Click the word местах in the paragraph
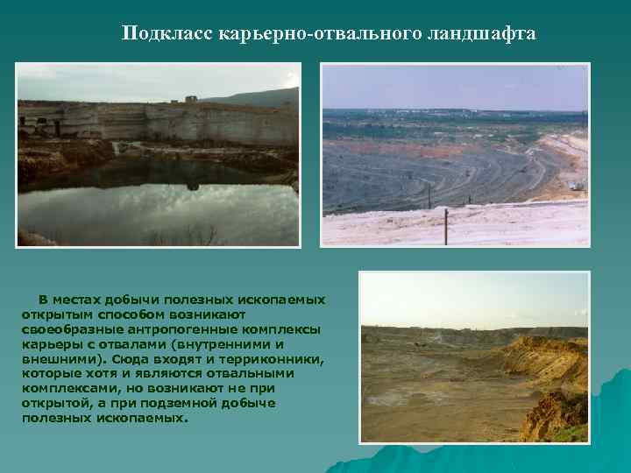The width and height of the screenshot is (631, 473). pyautogui.click(x=73, y=300)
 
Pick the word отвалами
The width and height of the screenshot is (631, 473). pyautogui.click(x=119, y=344)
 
